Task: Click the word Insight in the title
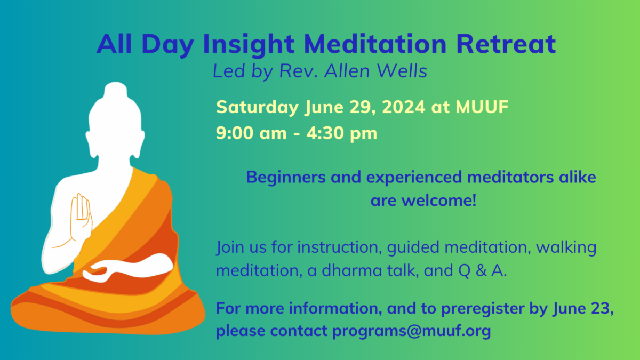[x=249, y=45]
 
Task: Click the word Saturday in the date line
[x=257, y=107]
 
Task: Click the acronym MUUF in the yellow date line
[x=482, y=107]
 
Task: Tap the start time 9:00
[x=235, y=133]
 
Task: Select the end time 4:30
[x=325, y=133]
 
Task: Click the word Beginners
[x=286, y=178]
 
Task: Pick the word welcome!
[x=439, y=201]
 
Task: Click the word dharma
[x=351, y=270]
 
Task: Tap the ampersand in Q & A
[x=481, y=270]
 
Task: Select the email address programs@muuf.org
[x=411, y=331]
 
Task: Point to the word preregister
[x=483, y=309]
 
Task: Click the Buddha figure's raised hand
[x=81, y=217]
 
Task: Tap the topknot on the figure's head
[x=115, y=90]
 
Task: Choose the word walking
[x=566, y=247]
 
